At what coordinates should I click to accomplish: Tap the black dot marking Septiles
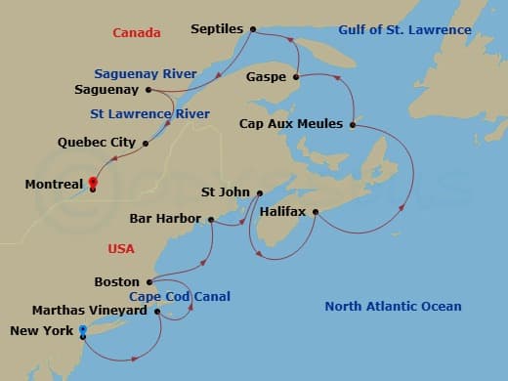pos(253,29)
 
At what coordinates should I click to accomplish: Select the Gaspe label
pos(266,75)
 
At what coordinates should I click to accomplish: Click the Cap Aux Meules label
pos(291,124)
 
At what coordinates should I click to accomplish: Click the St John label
pos(225,192)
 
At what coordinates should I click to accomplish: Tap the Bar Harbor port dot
pos(211,219)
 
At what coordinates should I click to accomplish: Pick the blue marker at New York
pos(82,332)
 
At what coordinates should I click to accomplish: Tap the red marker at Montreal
pos(92,182)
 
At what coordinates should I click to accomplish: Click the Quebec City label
pos(96,143)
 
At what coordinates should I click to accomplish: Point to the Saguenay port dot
pos(148,90)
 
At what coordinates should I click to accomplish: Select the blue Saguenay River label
pos(146,73)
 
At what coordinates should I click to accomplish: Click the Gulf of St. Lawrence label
pos(404,30)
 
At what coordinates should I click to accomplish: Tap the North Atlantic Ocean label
pos(393,307)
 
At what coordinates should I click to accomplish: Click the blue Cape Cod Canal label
pos(172,296)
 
